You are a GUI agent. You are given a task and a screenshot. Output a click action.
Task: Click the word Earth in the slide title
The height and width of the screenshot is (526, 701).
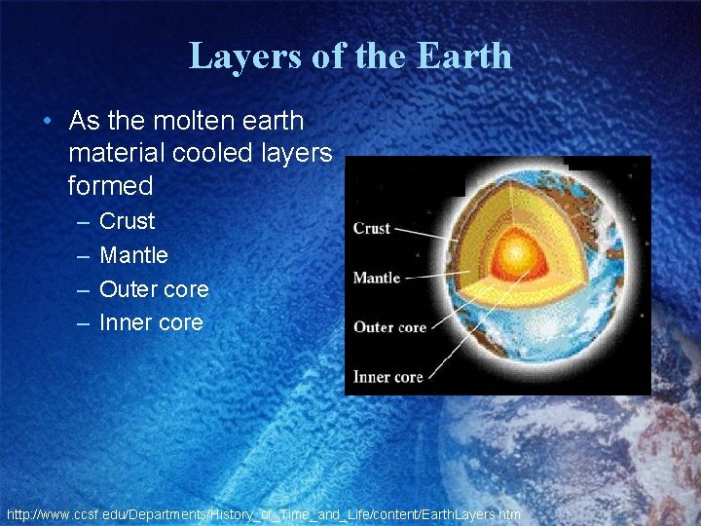point(463,56)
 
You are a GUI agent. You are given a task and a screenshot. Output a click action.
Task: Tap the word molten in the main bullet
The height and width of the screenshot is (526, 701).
point(184,122)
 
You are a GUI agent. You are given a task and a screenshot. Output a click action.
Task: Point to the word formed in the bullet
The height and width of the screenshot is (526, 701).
point(111,185)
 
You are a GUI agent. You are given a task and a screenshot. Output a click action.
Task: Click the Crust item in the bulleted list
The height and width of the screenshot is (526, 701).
point(128,221)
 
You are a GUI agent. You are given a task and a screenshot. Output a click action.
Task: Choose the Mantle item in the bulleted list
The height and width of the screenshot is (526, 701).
point(134,255)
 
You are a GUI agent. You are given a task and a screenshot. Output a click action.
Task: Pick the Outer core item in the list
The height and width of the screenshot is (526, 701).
point(154,289)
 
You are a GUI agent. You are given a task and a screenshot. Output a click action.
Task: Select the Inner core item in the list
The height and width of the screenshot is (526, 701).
point(151,322)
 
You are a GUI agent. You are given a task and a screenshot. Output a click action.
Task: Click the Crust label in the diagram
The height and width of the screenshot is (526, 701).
point(372,228)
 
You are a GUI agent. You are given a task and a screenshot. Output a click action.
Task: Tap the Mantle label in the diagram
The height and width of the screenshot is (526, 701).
point(377,278)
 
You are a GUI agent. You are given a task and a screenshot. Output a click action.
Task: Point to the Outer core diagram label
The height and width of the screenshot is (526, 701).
point(389,327)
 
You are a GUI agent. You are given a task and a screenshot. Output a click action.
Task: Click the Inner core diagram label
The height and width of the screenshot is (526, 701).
point(387,377)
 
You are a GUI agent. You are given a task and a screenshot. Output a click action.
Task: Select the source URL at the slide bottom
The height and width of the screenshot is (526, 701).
point(263,513)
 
